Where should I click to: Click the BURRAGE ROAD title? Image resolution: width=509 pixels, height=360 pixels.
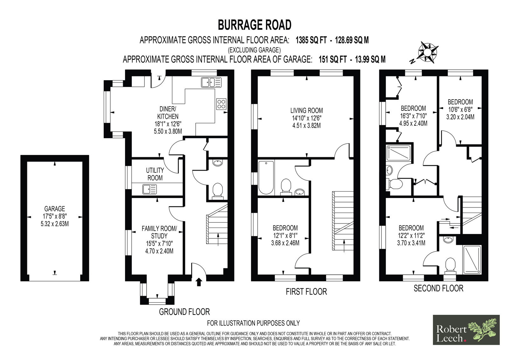(x=254, y=25)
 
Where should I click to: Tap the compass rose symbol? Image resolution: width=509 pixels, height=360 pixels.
(x=428, y=53)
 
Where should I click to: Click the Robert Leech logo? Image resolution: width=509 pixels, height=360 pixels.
(x=466, y=330)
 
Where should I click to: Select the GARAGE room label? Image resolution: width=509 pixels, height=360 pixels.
(x=54, y=208)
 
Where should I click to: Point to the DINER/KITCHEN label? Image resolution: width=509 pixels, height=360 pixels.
(x=168, y=113)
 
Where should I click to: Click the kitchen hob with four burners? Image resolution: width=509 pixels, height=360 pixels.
(x=221, y=104)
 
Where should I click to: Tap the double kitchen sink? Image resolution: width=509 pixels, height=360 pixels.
(x=211, y=82)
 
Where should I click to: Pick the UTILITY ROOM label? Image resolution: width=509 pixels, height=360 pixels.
(x=155, y=174)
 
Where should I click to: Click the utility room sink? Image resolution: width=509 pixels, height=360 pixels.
(x=150, y=189)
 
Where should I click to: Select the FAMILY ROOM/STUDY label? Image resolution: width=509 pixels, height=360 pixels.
(x=159, y=232)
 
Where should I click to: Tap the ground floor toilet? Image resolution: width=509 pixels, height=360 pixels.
(x=218, y=191)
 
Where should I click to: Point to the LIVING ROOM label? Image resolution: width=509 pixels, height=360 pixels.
(x=307, y=110)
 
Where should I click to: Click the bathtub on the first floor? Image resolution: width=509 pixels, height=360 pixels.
(x=266, y=178)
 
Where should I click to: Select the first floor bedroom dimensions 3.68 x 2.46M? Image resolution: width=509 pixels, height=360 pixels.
(x=285, y=243)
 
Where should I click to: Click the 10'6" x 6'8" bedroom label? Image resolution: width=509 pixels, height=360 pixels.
(x=460, y=109)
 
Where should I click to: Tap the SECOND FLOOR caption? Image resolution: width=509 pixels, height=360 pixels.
(x=438, y=288)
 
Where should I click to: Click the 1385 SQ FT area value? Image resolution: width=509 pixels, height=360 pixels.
(x=311, y=40)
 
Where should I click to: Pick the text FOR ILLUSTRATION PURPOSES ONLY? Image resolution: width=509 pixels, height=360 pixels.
(x=253, y=323)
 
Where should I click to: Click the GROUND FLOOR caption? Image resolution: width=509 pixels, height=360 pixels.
(x=184, y=312)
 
